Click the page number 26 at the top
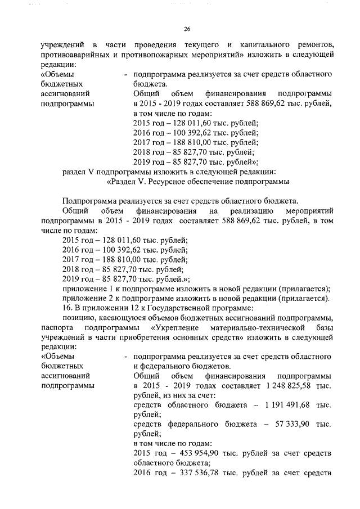(x=188, y=29)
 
